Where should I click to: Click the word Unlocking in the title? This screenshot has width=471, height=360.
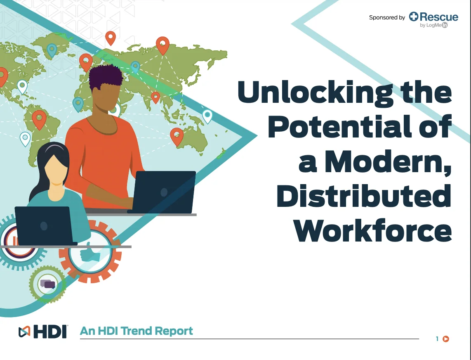pyautogui.click(x=315, y=92)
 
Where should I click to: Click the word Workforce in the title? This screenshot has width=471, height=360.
pyautogui.click(x=372, y=230)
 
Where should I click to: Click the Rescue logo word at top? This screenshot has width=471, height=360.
pyautogui.click(x=433, y=17)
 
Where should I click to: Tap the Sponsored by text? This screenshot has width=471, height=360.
pyautogui.click(x=387, y=17)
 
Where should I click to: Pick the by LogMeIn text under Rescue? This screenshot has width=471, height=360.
pyautogui.click(x=434, y=25)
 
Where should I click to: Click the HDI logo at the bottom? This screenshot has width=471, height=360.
pyautogui.click(x=42, y=332)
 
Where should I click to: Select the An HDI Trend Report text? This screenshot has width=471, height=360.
pyautogui.click(x=136, y=331)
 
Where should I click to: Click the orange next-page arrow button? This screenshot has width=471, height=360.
pyautogui.click(x=446, y=339)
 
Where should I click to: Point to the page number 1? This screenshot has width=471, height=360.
pyautogui.click(x=437, y=339)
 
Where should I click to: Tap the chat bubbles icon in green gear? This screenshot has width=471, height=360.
pyautogui.click(x=48, y=284)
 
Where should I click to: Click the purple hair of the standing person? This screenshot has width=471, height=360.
pyautogui.click(x=106, y=76)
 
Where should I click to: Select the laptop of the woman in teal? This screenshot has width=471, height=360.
pyautogui.click(x=45, y=225)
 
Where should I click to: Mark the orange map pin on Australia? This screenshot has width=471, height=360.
pyautogui.click(x=177, y=137)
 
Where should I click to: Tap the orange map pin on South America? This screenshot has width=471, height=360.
pyautogui.click(x=39, y=120)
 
